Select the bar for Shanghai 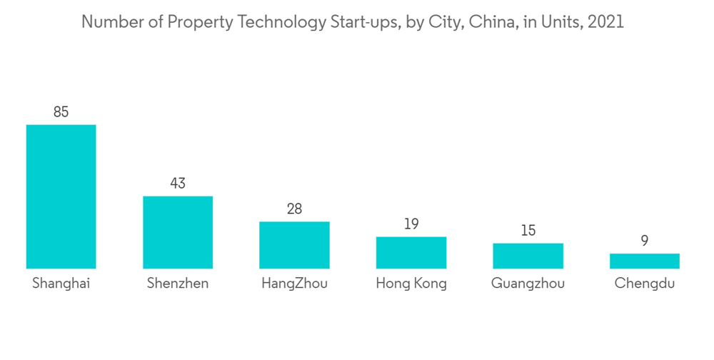61,196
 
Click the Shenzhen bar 178,232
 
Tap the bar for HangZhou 294,245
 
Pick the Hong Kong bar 411,252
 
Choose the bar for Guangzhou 528,256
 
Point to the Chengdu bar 644,261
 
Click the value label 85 61,112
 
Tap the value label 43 178,184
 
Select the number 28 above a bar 294,209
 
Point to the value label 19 411,224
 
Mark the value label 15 528,231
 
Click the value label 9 644,241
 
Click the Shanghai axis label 61,284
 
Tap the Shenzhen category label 178,284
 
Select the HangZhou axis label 294,284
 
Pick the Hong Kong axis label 411,284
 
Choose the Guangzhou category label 528,284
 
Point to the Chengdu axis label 644,284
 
